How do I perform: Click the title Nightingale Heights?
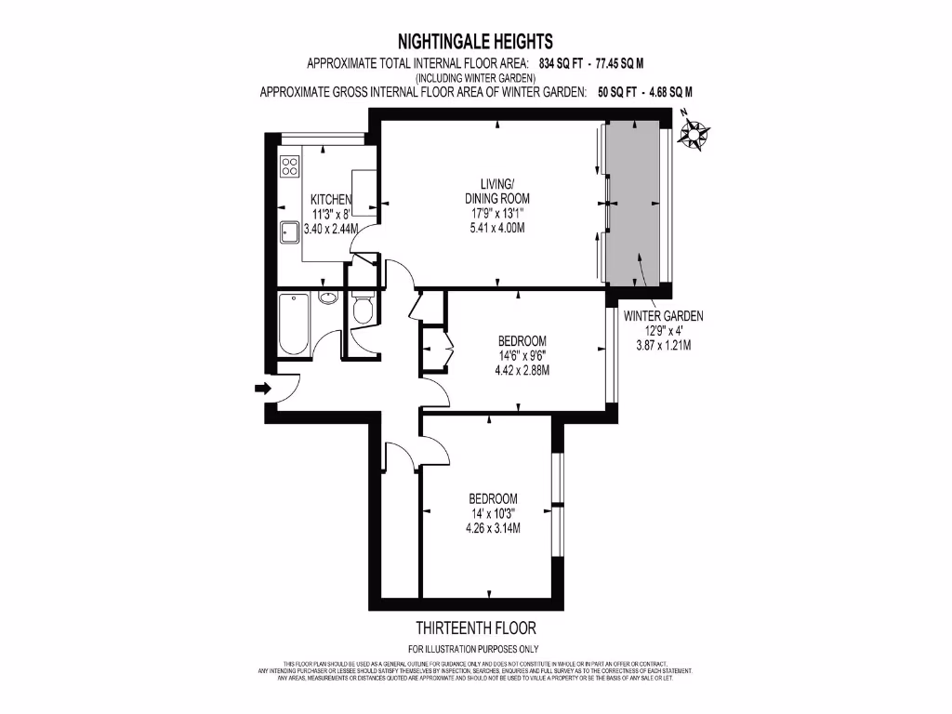coord(475,41)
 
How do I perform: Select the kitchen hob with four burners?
coord(289,167)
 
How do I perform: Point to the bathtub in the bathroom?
coord(295,324)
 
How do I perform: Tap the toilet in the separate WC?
coord(363,309)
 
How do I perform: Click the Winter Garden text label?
coord(663,316)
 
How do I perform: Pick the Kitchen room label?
coord(331,199)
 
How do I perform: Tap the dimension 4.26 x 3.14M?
coord(493,528)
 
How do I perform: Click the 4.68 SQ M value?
coord(664,91)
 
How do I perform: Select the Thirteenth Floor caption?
coord(475,628)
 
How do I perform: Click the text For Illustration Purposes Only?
coord(475,649)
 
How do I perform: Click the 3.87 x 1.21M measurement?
coord(663,345)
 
